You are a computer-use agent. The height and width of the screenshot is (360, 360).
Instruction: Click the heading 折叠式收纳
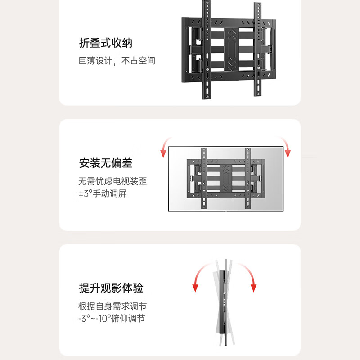(x=105, y=43)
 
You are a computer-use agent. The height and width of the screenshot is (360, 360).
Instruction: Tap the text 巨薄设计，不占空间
(x=117, y=61)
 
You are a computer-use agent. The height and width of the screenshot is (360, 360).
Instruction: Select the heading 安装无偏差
(x=105, y=162)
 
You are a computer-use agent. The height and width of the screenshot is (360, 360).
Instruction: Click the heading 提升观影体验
(x=111, y=288)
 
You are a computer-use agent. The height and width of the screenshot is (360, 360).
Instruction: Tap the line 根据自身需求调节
(x=112, y=306)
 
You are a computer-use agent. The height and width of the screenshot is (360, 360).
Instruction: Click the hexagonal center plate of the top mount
(x=232, y=50)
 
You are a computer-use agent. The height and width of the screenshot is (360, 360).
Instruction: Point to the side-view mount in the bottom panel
(x=224, y=306)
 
